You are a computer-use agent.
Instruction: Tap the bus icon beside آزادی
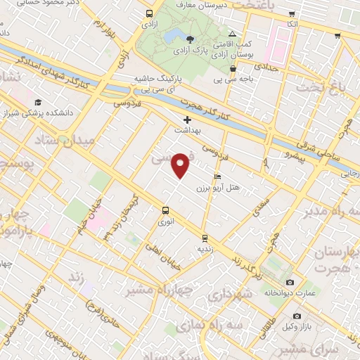coord(149,13)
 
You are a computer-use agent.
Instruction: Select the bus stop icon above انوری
coord(165,210)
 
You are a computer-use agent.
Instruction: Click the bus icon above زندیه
coord(205,238)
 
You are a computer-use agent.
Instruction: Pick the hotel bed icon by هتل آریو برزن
coord(217,176)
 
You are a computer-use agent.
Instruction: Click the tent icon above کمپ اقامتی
coord(233,34)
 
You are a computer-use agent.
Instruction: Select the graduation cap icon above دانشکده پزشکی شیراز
coord(37,103)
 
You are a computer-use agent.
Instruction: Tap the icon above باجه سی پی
coord(233,68)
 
